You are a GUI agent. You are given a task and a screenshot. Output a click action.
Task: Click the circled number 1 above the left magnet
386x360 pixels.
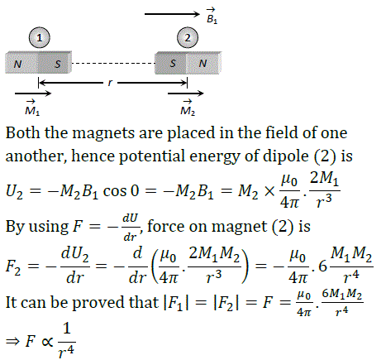[x=40, y=37]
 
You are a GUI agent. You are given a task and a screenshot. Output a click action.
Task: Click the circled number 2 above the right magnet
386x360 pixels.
[x=188, y=37]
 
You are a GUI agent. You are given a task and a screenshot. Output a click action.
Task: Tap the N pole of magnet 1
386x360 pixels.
[x=21, y=63]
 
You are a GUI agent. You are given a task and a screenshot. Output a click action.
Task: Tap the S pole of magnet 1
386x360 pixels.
[x=55, y=63]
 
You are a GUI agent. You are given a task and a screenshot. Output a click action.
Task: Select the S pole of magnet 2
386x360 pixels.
[x=170, y=63]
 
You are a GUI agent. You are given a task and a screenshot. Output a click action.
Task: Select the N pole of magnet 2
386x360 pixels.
[x=204, y=63]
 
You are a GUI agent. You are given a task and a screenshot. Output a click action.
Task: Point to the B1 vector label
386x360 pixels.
[x=212, y=16]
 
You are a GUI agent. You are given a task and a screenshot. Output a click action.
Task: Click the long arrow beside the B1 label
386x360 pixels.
[x=172, y=14]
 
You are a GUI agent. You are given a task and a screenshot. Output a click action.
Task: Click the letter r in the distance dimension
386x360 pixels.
[x=110, y=83]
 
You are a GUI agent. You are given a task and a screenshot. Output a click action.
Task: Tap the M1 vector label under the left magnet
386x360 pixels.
[x=32, y=108]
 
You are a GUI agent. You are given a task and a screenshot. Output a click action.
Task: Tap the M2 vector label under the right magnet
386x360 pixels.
[x=188, y=108]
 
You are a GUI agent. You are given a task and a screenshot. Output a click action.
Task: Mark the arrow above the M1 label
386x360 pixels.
[x=33, y=94]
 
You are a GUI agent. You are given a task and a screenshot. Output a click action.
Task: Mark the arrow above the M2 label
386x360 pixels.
[x=186, y=94]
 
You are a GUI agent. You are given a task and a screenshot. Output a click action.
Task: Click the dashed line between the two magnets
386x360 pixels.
[x=113, y=63]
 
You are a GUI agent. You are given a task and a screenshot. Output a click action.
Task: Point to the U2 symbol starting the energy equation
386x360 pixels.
[x=14, y=191]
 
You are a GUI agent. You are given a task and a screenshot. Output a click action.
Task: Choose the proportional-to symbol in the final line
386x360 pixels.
[x=47, y=342]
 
